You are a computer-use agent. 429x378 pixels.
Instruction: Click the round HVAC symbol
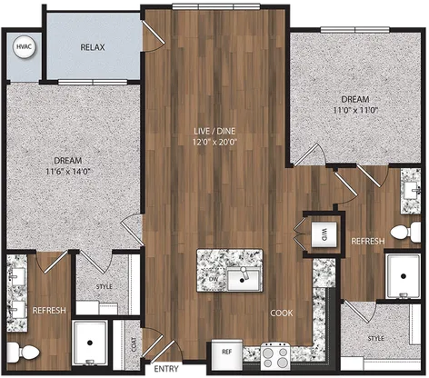(25, 47)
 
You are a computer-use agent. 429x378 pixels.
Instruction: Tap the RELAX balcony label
(93, 47)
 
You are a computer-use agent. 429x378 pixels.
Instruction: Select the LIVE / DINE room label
(214, 131)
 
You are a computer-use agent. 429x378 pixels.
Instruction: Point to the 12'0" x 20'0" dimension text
(214, 142)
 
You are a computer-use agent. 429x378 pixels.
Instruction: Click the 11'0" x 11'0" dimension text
(355, 110)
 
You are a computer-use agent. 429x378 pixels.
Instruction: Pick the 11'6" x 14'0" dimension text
(68, 172)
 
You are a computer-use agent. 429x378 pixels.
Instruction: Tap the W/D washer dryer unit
(324, 234)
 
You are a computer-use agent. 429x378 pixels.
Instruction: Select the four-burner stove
(275, 356)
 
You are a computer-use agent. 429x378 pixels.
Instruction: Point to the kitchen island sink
(244, 278)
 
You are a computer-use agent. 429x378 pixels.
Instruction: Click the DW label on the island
(214, 279)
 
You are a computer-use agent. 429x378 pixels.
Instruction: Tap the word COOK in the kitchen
(282, 313)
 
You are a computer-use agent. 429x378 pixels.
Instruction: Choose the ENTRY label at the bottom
(166, 369)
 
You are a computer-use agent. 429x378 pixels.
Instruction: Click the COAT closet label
(134, 344)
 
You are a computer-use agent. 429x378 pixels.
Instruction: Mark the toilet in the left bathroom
(23, 353)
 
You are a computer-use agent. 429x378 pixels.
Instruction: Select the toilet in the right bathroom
(405, 233)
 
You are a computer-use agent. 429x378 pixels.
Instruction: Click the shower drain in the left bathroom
(89, 343)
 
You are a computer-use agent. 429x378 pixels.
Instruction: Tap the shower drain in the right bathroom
(404, 276)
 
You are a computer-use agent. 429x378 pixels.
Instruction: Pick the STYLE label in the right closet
(376, 338)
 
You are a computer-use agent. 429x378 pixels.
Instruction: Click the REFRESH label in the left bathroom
(49, 311)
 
